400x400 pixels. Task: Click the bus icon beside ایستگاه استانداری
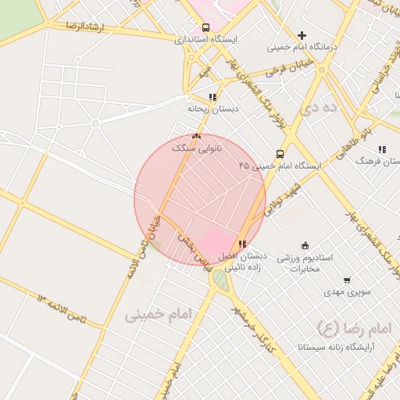[x=205, y=27]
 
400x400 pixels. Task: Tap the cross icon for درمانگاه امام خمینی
[x=302, y=35]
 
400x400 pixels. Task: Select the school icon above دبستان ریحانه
[x=212, y=97]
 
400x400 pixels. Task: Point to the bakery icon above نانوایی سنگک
[x=196, y=136]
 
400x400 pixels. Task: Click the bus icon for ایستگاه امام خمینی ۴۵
[x=280, y=154]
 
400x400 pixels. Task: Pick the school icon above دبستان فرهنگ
[x=381, y=148]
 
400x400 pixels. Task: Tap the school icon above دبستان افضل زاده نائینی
[x=242, y=245]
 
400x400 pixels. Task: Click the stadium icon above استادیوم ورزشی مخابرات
[x=305, y=245]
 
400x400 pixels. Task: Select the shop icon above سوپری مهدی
[x=347, y=280]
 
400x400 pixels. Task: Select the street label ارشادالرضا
[x=70, y=27]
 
